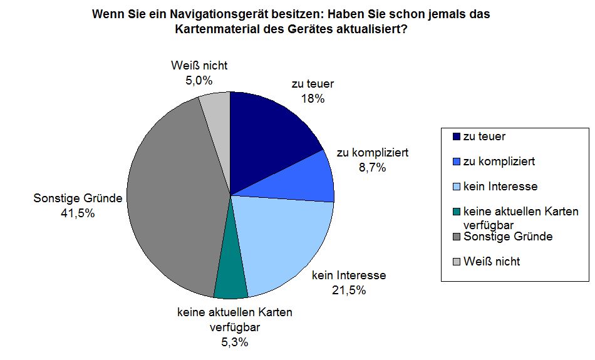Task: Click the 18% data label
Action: pyautogui.click(x=312, y=98)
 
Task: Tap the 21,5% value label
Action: pyautogui.click(x=349, y=290)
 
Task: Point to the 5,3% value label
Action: pyautogui.click(x=234, y=342)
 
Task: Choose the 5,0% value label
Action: pyautogui.click(x=199, y=80)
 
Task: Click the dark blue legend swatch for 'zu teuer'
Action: pyautogui.click(x=456, y=136)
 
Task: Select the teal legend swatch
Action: pyautogui.click(x=456, y=212)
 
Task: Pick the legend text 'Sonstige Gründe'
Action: pyautogui.click(x=507, y=237)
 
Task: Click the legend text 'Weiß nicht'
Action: pyautogui.click(x=492, y=261)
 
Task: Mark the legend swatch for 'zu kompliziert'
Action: pyautogui.click(x=456, y=161)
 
